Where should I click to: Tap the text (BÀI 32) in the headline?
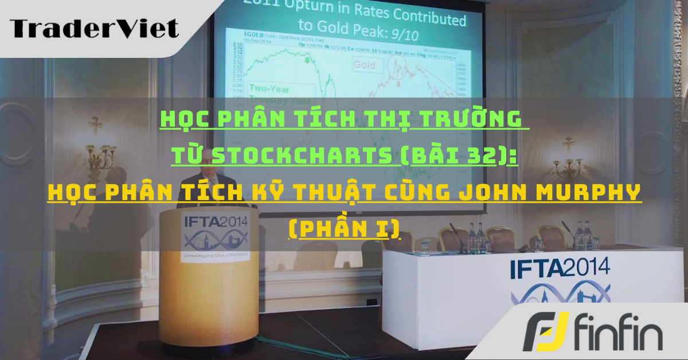tap(459, 155)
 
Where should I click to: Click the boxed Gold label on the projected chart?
tap(364, 65)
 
